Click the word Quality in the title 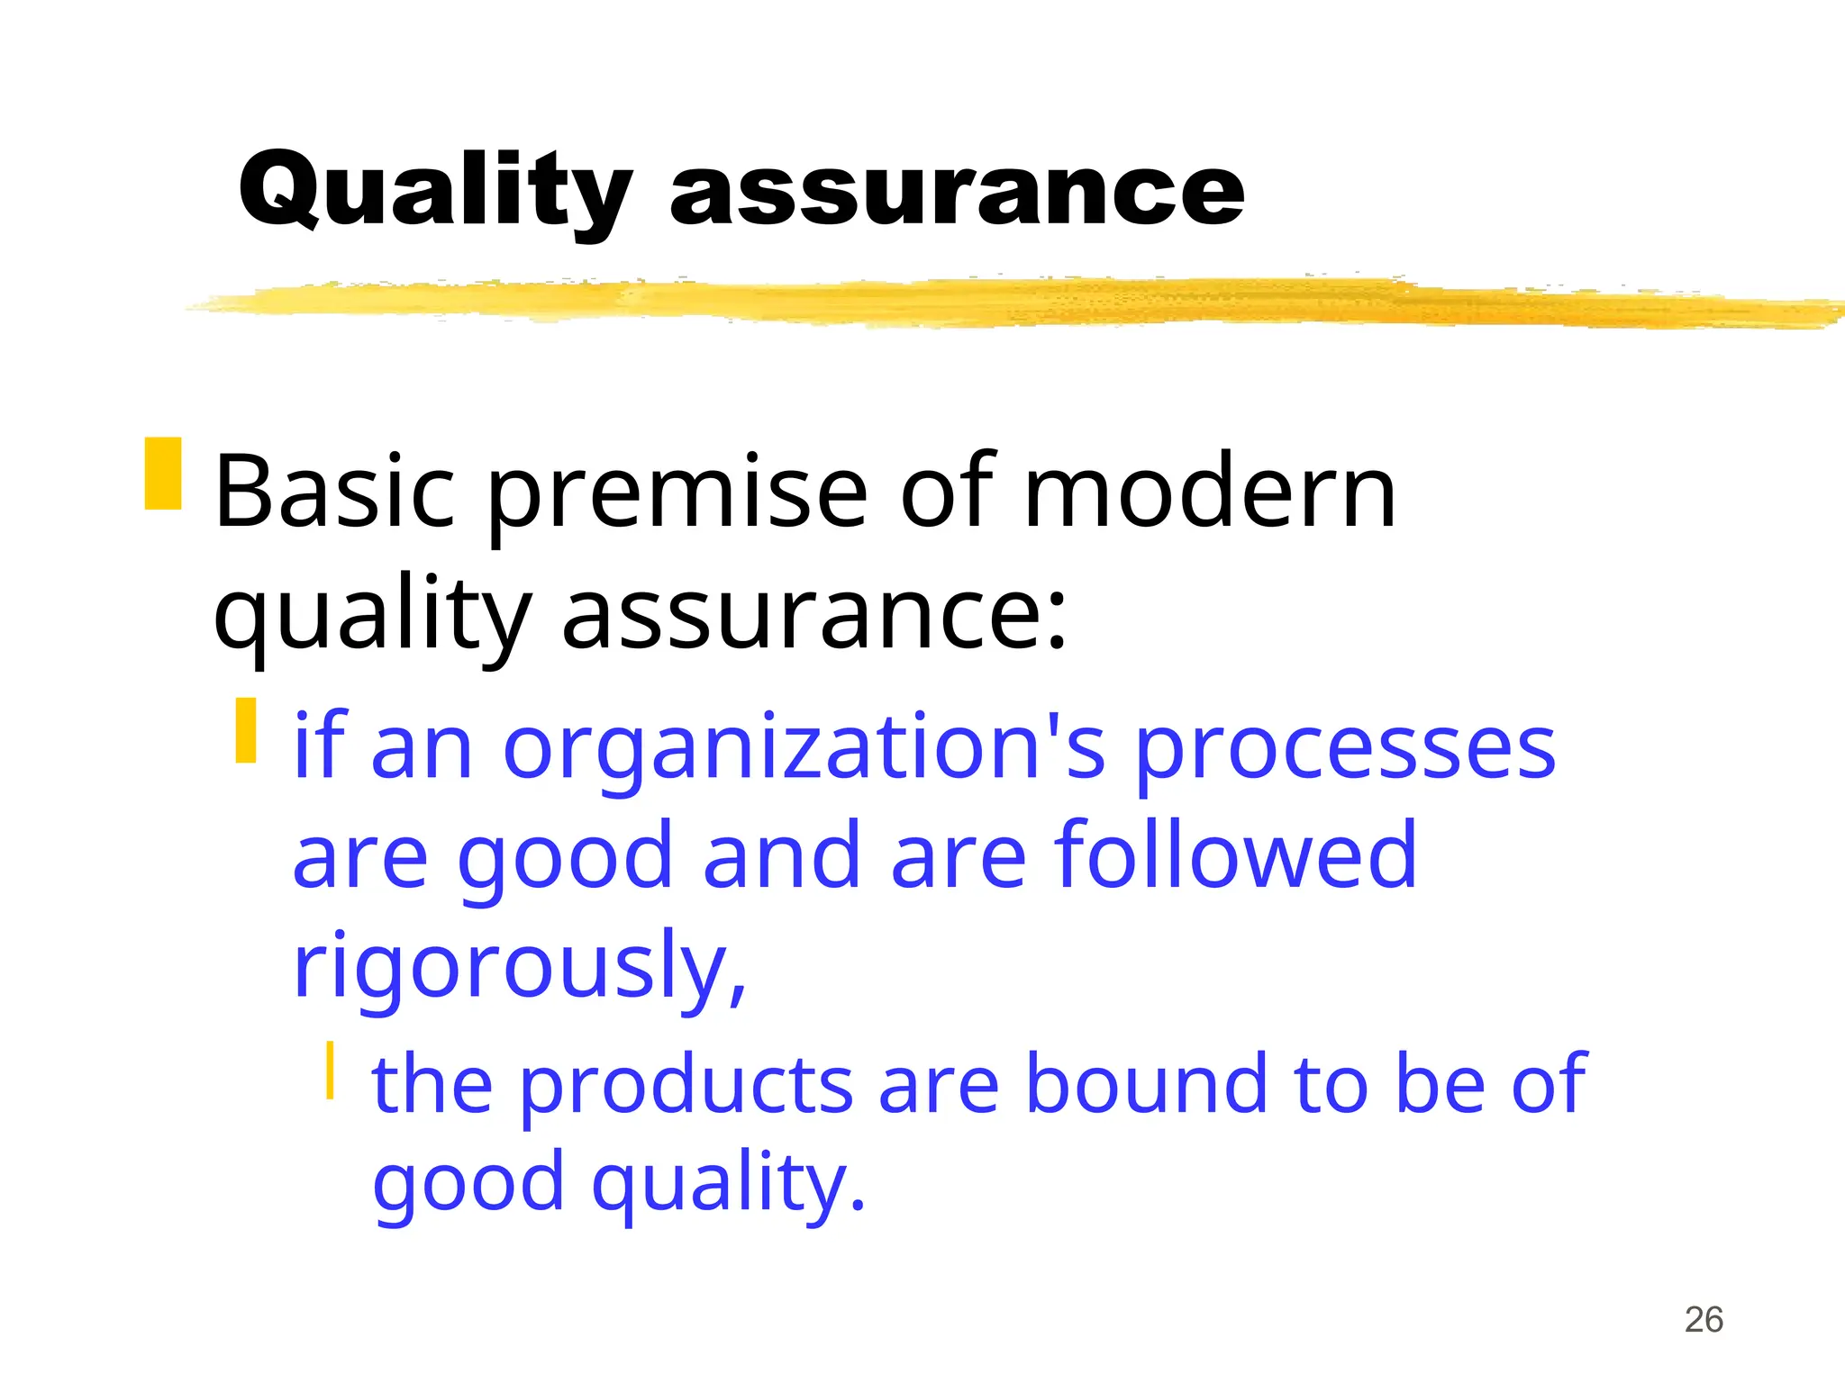(x=435, y=192)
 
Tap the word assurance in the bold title (x=957, y=192)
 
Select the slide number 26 (x=1704, y=1320)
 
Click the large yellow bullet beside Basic (x=163, y=474)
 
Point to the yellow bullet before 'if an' (x=246, y=730)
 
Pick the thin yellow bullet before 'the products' (x=331, y=1070)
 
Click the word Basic (x=334, y=493)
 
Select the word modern (x=1210, y=493)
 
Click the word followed (x=1235, y=855)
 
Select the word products (x=686, y=1084)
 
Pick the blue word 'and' (x=780, y=855)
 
